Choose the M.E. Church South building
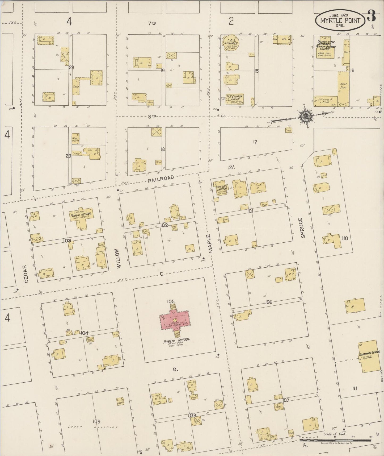(235, 99)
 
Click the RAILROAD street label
(161, 179)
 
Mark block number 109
(96, 421)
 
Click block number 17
(255, 142)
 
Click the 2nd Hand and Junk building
(326, 101)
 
